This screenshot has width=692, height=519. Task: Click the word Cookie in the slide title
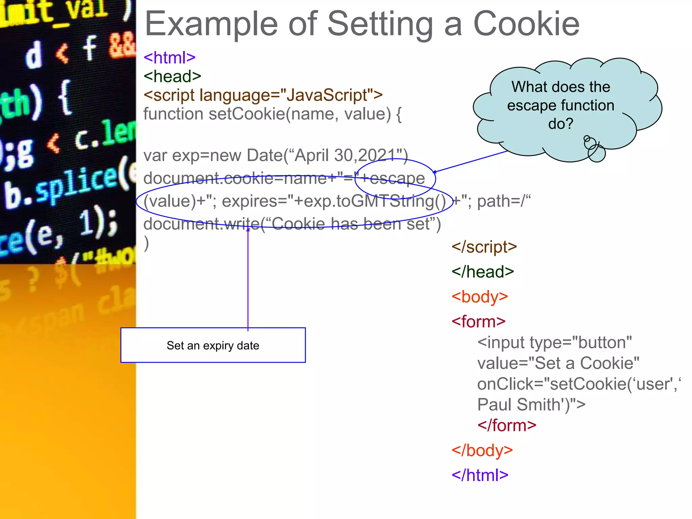click(526, 24)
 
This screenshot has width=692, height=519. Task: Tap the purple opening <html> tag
click(170, 57)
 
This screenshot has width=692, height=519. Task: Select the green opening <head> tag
click(172, 76)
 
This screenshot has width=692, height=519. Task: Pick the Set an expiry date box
click(213, 345)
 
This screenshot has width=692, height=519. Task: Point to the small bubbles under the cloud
click(594, 149)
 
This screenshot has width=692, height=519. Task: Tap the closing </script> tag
click(484, 247)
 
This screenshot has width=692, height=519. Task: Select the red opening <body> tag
click(479, 297)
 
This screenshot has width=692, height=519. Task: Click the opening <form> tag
click(478, 322)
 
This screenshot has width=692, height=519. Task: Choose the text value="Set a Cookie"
click(558, 364)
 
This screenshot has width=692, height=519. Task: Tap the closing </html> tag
click(480, 475)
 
